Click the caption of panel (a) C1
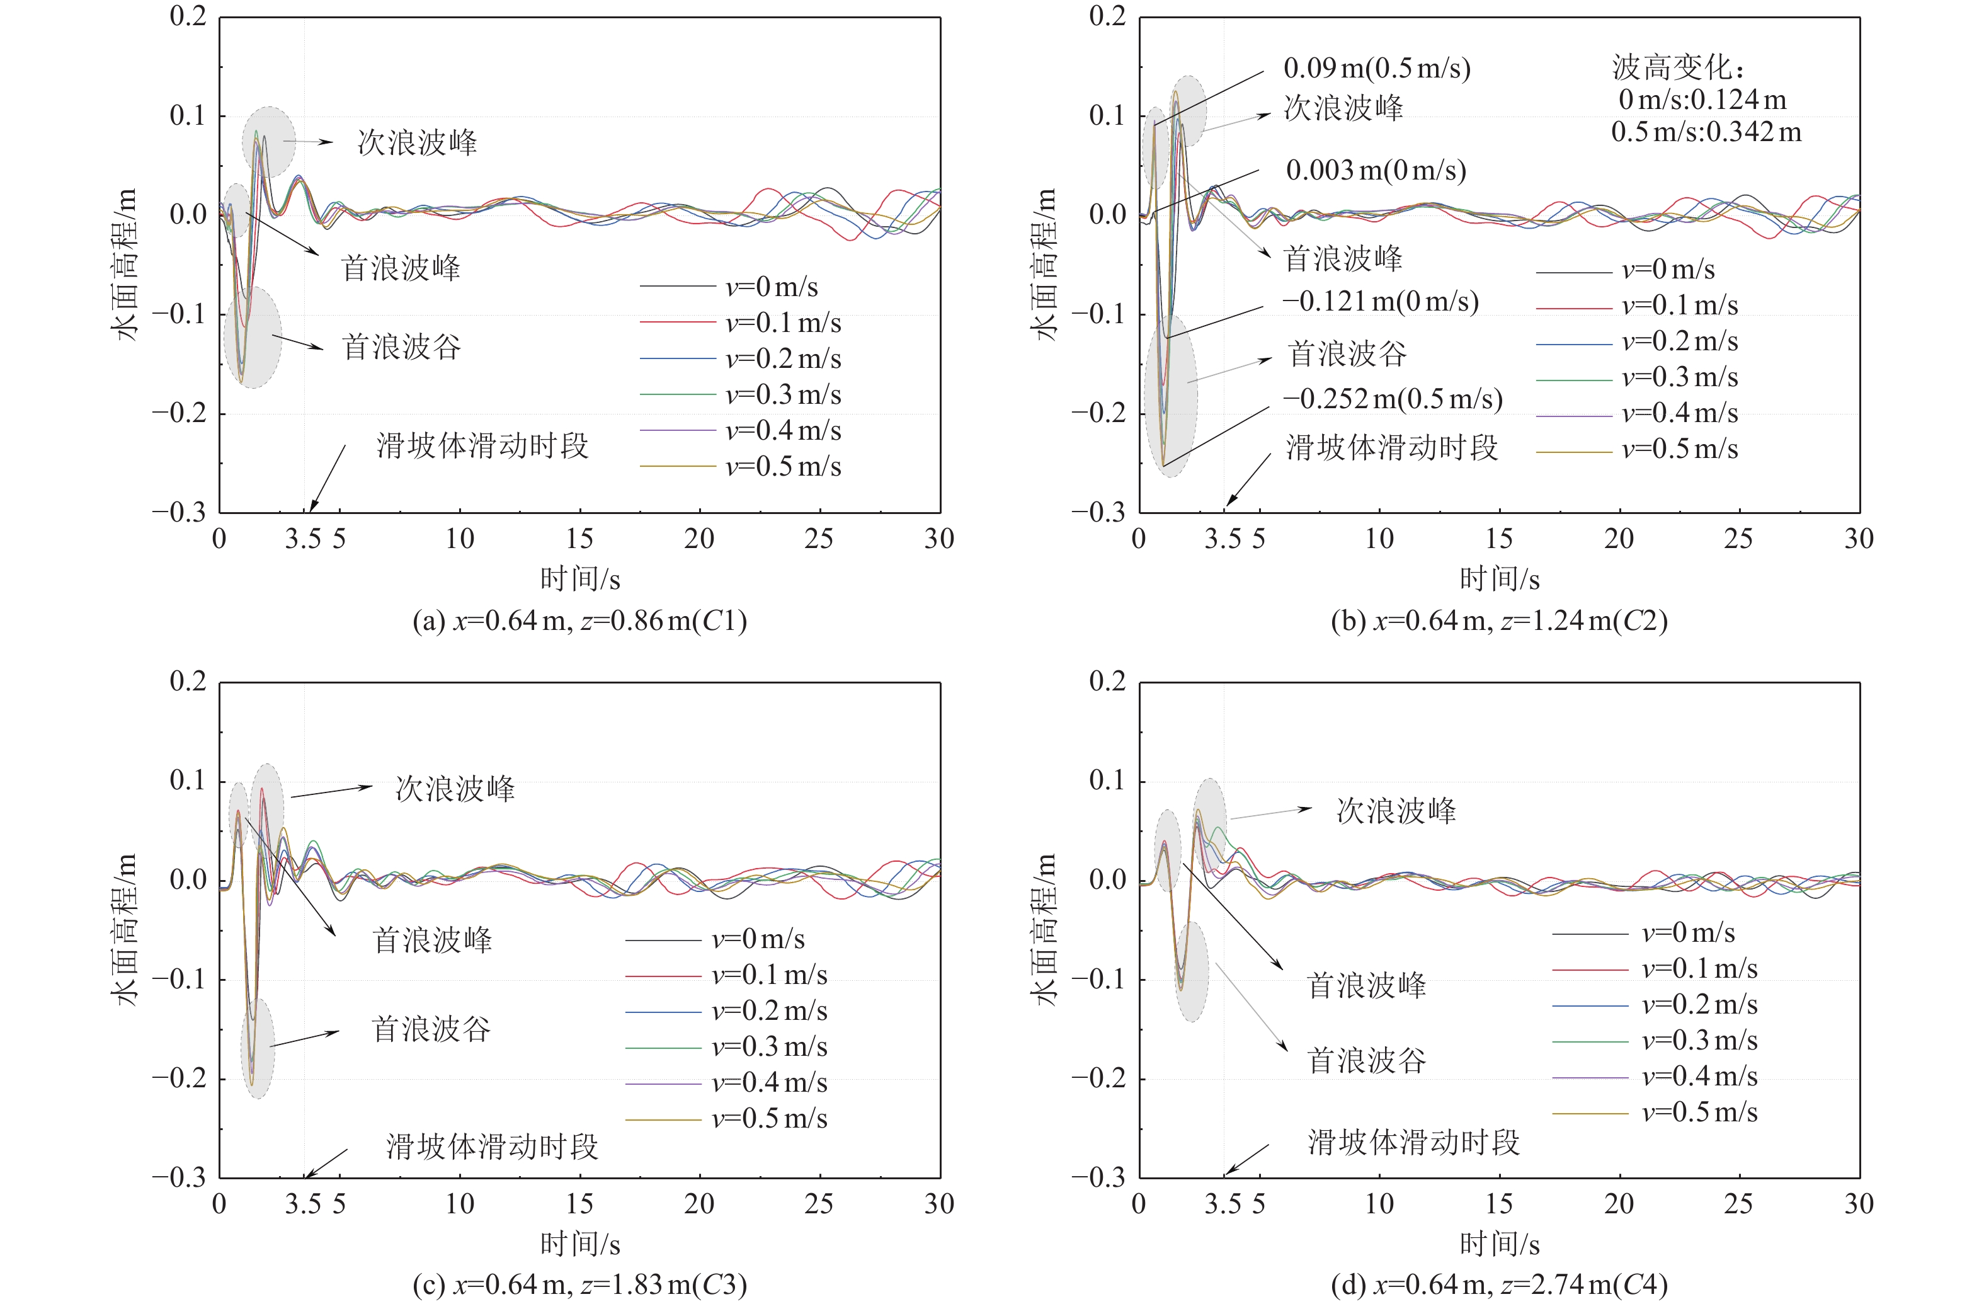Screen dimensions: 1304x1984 pos(579,621)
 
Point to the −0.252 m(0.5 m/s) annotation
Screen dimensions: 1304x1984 pos(1391,399)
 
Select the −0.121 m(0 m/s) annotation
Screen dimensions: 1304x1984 pos(1379,301)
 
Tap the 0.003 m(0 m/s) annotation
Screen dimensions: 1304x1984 pos(1376,171)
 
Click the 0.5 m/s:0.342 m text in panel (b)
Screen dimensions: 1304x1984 pos(1706,132)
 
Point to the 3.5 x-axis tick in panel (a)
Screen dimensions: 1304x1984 pos(302,539)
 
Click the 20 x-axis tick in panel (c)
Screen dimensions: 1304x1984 pos(698,1204)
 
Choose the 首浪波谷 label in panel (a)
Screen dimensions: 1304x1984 pos(401,347)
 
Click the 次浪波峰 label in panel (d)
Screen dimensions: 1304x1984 pos(1396,810)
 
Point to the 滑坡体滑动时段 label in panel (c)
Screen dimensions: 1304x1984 pos(492,1147)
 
